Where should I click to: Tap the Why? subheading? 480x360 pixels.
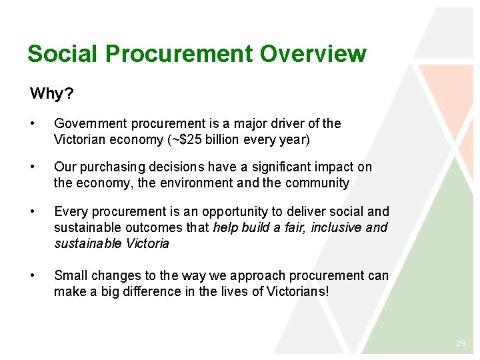pyautogui.click(x=52, y=93)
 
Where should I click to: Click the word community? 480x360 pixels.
pyautogui.click(x=317, y=183)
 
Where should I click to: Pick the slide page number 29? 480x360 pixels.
pyautogui.click(x=460, y=343)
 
